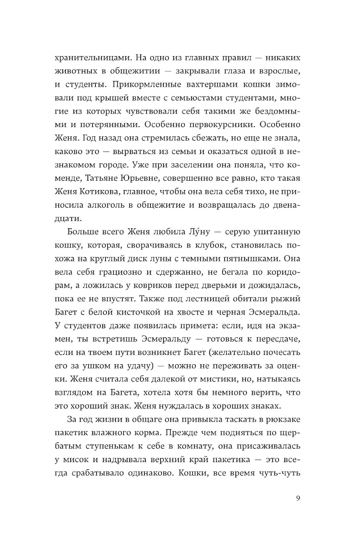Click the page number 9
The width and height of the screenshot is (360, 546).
[x=298, y=498]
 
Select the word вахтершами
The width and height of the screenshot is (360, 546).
[x=203, y=84]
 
